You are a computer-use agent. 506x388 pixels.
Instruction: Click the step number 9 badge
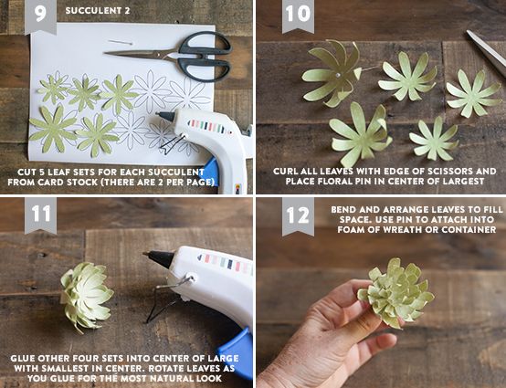coord(41,16)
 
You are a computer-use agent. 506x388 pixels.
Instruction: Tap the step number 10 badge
coord(298,16)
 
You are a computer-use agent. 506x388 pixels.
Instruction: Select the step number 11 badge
coord(41,215)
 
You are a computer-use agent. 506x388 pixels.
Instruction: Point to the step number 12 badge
coord(298,215)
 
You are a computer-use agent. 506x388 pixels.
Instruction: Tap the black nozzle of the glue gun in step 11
coord(160,258)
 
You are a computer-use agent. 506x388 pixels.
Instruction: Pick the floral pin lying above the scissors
coord(121,42)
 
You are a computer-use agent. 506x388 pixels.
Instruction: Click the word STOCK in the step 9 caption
coord(81,183)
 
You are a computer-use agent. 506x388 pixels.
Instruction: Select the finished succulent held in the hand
coord(395,292)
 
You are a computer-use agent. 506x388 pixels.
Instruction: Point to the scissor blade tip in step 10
coord(468,31)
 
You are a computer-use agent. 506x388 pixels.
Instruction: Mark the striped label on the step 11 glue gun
coord(226,264)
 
